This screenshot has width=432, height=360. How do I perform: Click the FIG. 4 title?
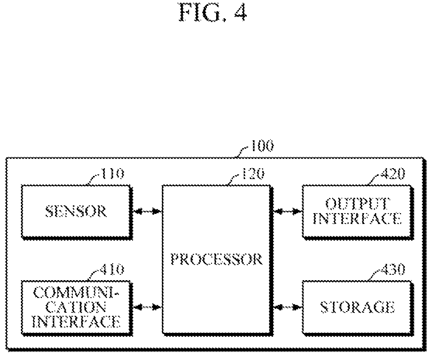coord(213,12)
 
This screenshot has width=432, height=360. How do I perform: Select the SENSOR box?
coord(76,212)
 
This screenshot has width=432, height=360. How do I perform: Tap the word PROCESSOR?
coord(217,259)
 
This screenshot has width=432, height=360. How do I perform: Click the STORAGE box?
coord(358,307)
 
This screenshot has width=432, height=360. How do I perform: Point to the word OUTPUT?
coord(358,204)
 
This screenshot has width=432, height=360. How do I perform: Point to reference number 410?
coord(112,270)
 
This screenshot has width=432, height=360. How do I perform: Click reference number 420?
coord(392,174)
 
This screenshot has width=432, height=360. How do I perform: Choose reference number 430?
coord(392,270)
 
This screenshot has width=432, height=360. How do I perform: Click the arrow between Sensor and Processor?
coord(147,212)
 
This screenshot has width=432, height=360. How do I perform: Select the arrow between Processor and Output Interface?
coord(287,212)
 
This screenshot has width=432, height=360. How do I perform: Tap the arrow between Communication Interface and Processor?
coord(147,307)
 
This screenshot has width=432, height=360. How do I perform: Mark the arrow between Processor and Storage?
coord(287,307)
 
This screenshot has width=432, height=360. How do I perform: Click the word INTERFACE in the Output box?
coord(357,219)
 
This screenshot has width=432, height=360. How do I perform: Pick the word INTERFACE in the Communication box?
coord(78,321)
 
